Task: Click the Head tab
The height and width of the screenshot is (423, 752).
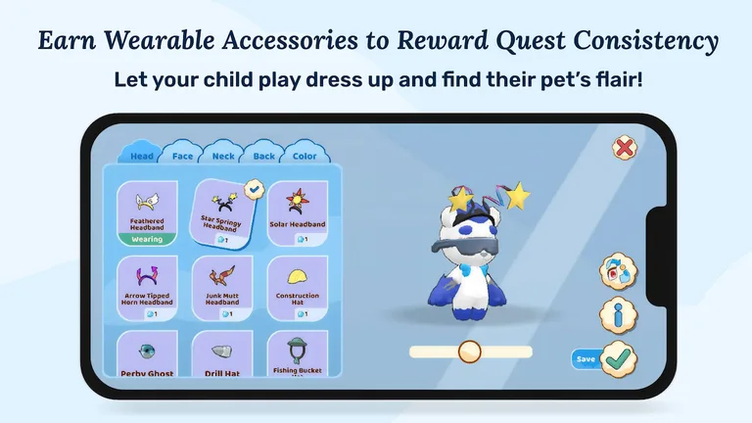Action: coord(142,155)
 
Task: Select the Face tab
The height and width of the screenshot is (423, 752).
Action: coord(183,155)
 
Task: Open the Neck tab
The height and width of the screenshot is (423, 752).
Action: coord(223,155)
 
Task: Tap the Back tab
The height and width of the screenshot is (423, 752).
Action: coord(263,155)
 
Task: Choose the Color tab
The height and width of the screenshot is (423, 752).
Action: coord(304,155)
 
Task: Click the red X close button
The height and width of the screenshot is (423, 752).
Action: coord(624,148)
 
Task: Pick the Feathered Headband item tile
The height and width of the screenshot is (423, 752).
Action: coord(147,210)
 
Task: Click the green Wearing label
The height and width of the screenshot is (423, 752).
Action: coord(147,238)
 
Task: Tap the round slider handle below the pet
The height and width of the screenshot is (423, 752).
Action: coord(471,352)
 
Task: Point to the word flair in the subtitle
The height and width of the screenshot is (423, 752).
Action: coord(608,78)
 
